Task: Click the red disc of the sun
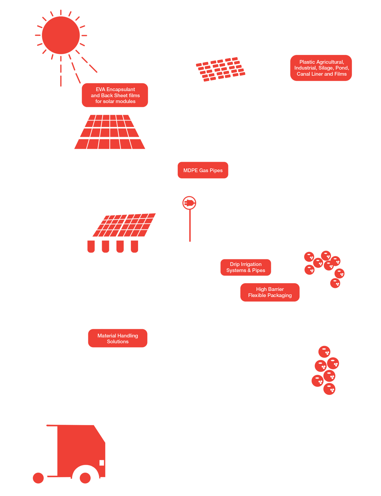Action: (x=61, y=35)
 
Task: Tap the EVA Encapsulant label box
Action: (x=115, y=95)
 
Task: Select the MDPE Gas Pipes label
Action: (x=203, y=170)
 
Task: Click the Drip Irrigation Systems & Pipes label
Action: (x=246, y=267)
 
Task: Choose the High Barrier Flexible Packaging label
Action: (x=270, y=292)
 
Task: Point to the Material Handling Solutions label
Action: (x=118, y=338)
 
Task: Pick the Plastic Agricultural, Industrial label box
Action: (x=321, y=68)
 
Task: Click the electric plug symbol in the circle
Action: (x=190, y=203)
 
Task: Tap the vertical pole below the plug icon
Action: (x=190, y=226)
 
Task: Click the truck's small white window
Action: (x=102, y=463)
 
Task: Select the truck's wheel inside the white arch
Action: (x=85, y=478)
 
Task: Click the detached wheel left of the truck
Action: (x=38, y=478)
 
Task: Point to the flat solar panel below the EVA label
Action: (x=110, y=132)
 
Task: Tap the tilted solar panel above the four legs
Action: (x=124, y=225)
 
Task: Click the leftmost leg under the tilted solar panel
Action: (x=91, y=246)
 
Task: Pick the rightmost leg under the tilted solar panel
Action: (x=135, y=246)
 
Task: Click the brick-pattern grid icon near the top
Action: (x=220, y=69)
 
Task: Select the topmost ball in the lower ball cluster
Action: (x=324, y=352)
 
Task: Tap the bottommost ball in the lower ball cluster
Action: (x=329, y=389)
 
